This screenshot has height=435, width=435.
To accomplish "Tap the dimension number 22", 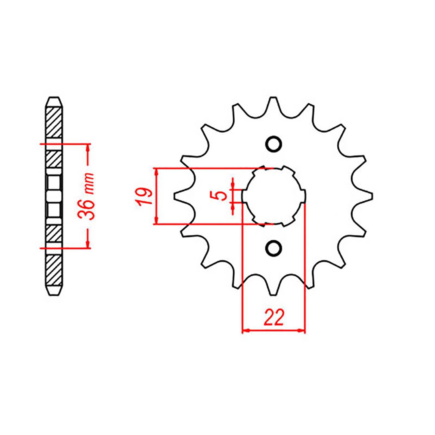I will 274,317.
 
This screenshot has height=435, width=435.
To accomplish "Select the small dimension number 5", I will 222,195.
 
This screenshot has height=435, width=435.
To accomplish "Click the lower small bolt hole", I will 273,248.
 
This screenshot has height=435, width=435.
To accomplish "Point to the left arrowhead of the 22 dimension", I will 245,331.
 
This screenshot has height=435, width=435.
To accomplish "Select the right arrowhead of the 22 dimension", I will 302,331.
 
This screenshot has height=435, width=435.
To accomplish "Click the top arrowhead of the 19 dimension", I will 156,171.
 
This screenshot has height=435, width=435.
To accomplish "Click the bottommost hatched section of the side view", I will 54,270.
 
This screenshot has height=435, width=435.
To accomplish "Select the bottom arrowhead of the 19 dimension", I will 156,221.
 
